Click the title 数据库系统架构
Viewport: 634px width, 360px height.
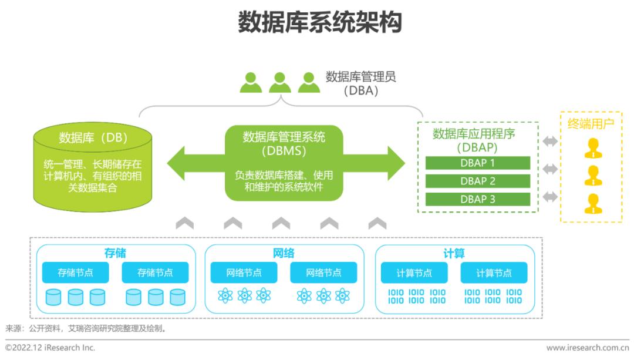(320, 22)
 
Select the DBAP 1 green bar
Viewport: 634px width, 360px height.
(477, 163)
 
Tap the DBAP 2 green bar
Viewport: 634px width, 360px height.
(477, 181)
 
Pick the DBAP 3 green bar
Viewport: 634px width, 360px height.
(477, 200)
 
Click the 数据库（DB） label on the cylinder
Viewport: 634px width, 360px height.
(93, 138)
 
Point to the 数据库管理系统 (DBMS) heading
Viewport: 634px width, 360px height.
(284, 144)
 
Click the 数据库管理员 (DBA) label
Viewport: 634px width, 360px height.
(360, 83)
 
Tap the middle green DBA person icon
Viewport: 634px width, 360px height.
(280, 83)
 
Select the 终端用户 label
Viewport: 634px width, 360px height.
(591, 124)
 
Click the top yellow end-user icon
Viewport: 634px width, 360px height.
(593, 148)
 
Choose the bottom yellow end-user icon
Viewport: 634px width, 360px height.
(593, 203)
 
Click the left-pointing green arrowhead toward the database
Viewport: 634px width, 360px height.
(176, 163)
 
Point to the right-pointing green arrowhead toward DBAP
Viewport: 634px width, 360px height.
(396, 163)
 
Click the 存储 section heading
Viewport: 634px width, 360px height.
(115, 253)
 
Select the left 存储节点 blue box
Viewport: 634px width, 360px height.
(75, 272)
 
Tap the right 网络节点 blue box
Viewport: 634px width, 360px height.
(323, 272)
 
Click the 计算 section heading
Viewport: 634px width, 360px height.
(454, 254)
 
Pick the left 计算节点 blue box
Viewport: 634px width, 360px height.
(414, 273)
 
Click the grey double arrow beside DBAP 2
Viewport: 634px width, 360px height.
(550, 169)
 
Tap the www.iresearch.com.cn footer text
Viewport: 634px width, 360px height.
(588, 348)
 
